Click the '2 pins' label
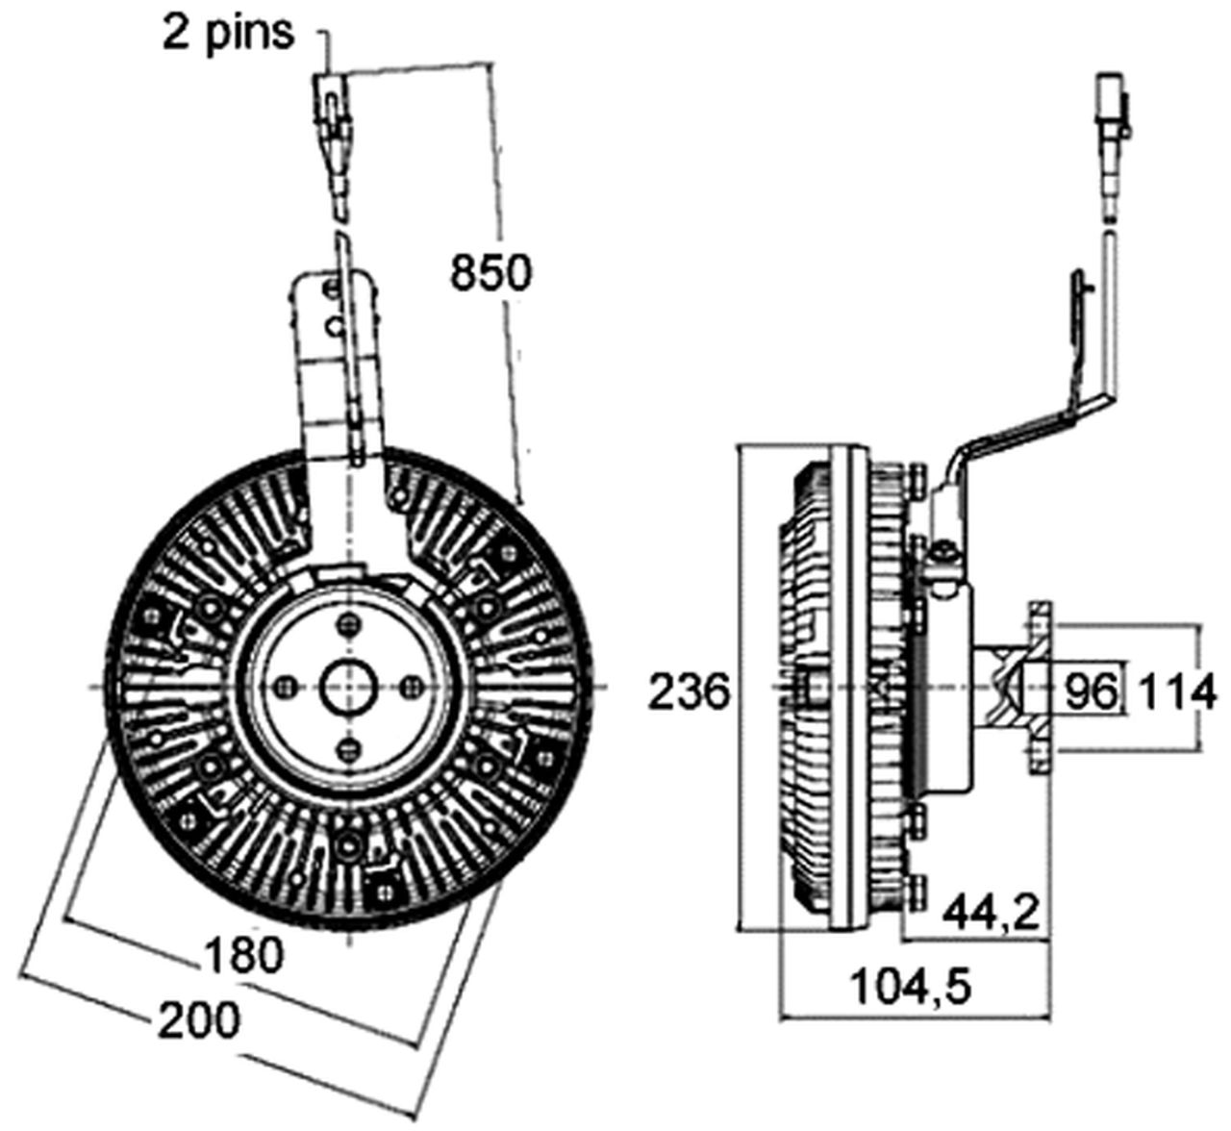point(227,32)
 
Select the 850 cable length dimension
point(490,273)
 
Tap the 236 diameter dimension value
point(689,691)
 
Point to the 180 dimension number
point(244,955)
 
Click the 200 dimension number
point(198,1019)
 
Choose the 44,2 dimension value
point(992,912)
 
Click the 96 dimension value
point(1092,691)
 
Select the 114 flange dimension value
point(1178,691)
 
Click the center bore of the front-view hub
point(347,686)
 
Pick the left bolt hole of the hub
point(286,686)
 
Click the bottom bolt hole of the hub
point(348,747)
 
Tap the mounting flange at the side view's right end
point(1038,688)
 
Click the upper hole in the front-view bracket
point(333,289)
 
